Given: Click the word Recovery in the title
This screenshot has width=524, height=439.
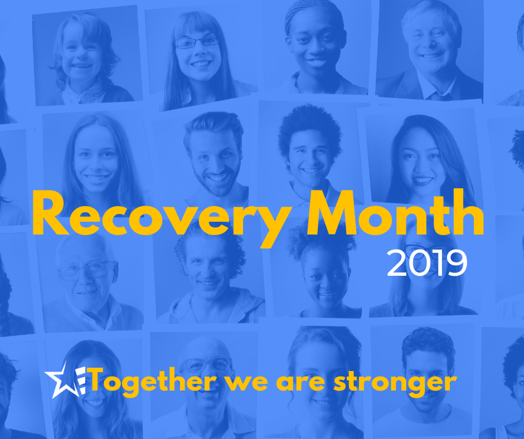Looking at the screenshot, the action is pos(162,218).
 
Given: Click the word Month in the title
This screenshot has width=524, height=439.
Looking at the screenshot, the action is pos(396,212).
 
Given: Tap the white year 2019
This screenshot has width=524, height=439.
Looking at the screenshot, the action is pos(427,264).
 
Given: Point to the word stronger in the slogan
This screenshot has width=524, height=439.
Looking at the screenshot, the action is pos(395,383).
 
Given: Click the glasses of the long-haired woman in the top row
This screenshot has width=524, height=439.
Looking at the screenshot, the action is pos(197,42).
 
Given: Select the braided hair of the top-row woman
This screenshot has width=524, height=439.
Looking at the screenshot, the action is pos(313,15).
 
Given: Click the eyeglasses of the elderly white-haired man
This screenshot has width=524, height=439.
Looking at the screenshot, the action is pos(88,271).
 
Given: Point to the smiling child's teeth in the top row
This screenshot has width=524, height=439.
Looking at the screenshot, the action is pos(81,66).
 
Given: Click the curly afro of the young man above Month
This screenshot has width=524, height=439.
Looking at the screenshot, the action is pos(310,127).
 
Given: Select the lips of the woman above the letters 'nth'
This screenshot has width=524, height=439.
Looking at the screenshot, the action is pos(422,181).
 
